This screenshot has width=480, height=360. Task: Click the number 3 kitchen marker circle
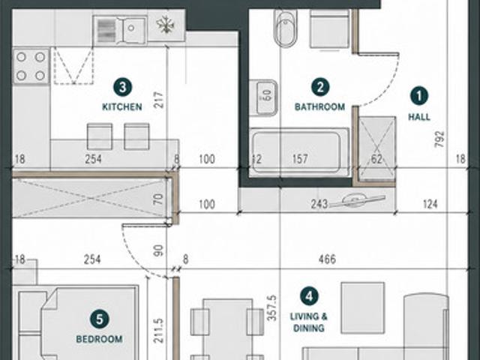pos(122,87)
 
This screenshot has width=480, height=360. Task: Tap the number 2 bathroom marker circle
pos(320,87)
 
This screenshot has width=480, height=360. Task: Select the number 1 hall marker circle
pos(419,96)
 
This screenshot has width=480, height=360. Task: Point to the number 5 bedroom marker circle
pos(100,319)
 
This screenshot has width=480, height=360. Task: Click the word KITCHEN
pos(122,106)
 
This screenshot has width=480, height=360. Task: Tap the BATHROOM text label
pos(320,106)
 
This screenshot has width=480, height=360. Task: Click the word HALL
pos(419,117)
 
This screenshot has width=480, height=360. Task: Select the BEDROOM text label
pos(100,339)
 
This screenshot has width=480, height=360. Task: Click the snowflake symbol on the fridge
pos(166,25)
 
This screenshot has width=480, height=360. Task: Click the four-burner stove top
pos(31,66)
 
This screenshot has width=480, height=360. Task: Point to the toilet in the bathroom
pos(285,28)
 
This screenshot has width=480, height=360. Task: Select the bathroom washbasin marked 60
pos(263,98)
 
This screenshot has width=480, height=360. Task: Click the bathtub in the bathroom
pos(299,152)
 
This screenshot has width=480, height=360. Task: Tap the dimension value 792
pos(439,139)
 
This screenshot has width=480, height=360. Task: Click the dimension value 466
pos(327,259)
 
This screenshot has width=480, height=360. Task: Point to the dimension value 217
pos(160,100)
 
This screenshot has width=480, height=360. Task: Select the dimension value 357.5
pos(271,307)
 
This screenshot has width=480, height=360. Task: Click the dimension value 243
pos(319,204)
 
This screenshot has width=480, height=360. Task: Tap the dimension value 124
pos(430,204)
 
